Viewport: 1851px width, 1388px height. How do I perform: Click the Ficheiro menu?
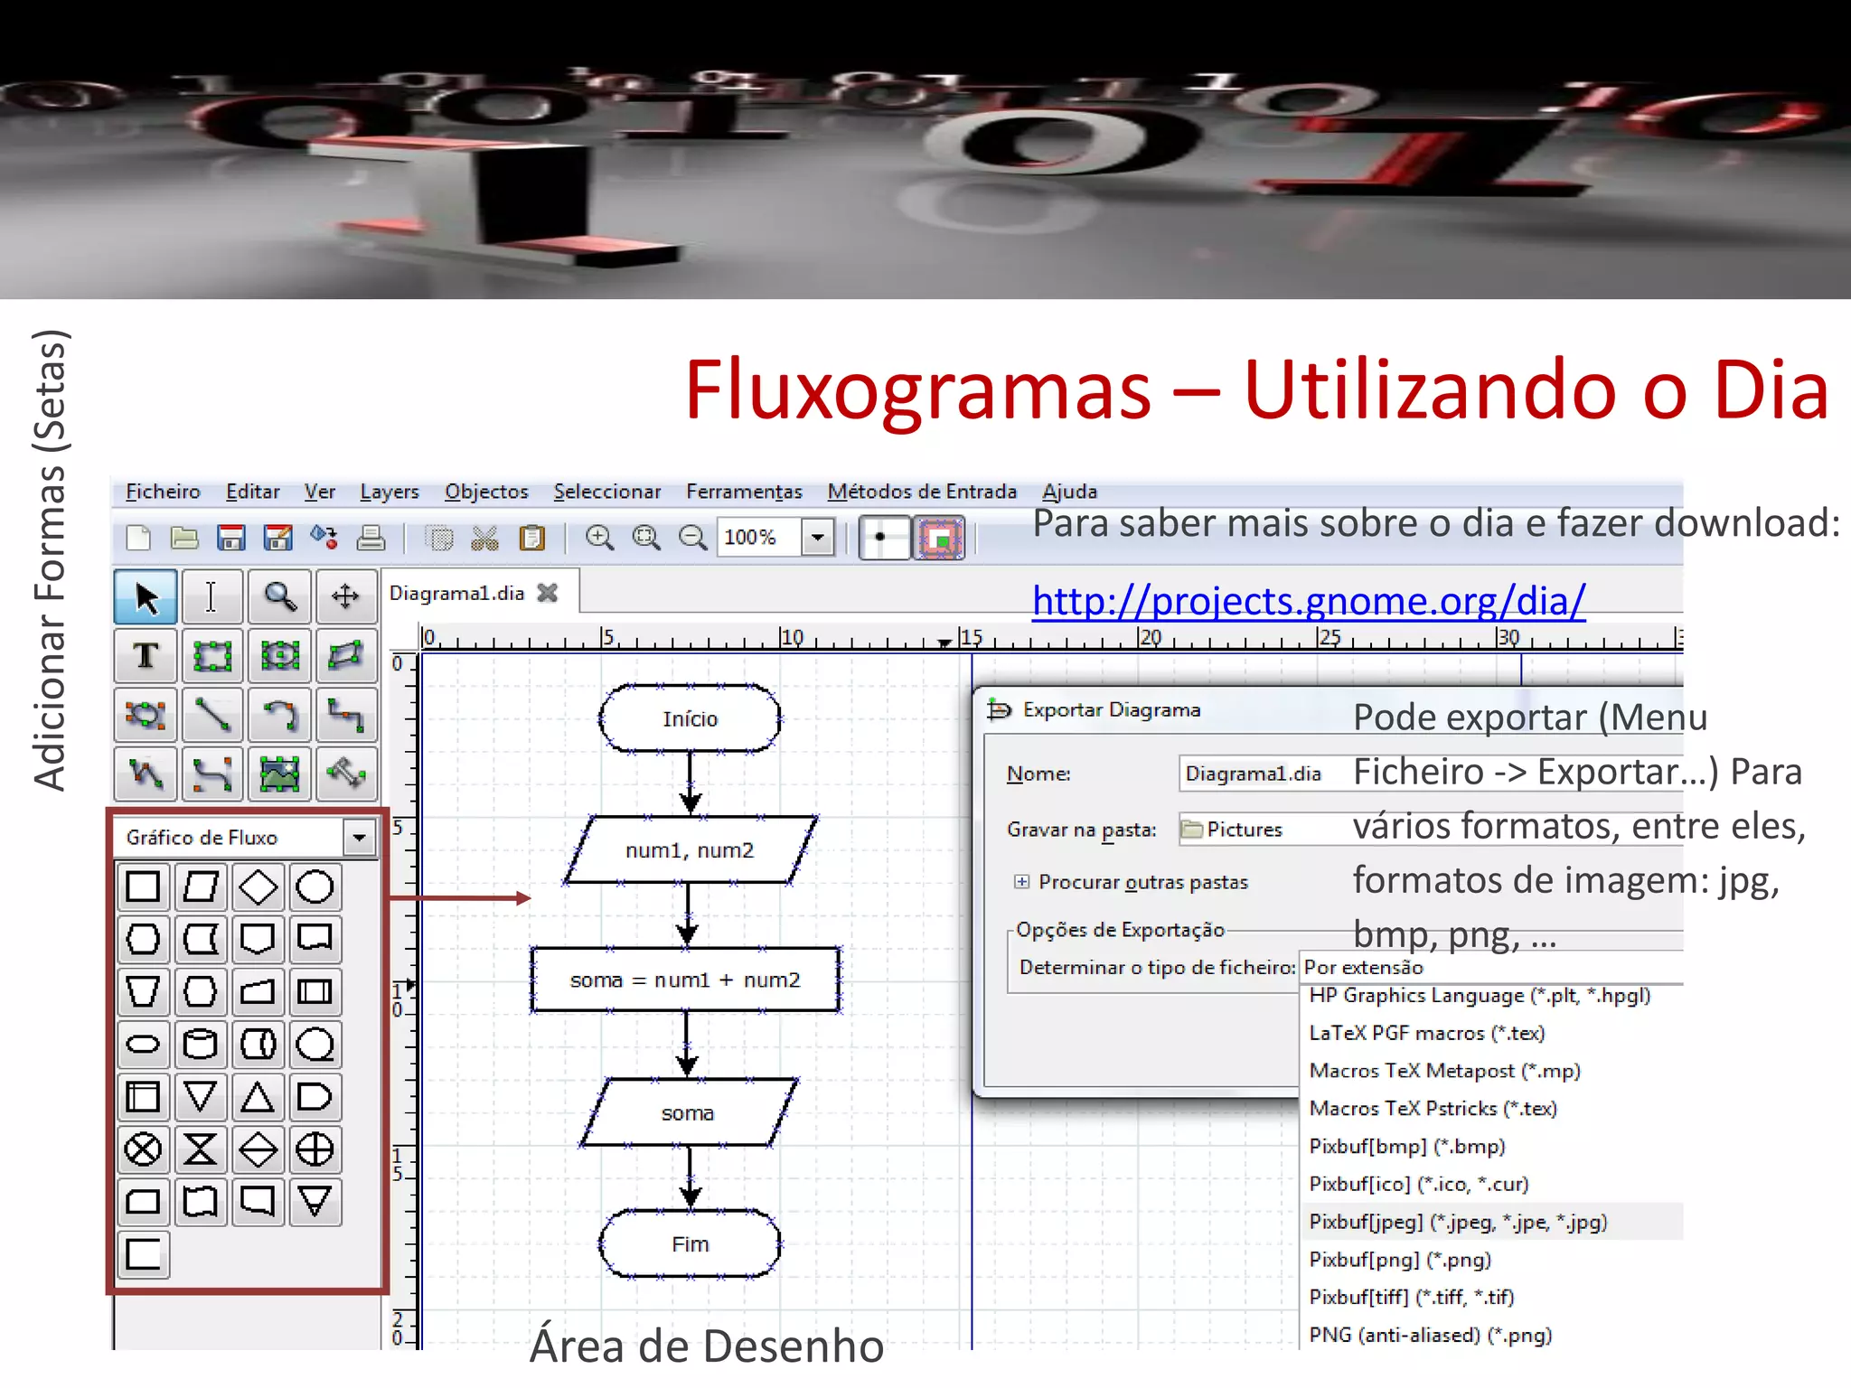(163, 492)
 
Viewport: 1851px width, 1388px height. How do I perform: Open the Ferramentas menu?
(744, 492)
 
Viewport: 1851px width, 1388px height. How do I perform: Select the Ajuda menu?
(1069, 492)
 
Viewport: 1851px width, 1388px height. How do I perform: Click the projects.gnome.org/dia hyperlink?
(1308, 601)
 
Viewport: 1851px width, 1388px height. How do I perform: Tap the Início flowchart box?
(690, 718)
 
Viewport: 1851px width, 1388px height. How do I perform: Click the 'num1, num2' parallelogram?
(690, 850)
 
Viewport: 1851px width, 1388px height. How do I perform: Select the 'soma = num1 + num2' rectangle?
(685, 980)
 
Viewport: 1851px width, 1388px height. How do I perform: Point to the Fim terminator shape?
(690, 1244)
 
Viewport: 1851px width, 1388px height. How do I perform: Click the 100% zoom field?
(757, 538)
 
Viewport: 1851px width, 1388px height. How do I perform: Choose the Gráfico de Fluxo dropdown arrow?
(360, 838)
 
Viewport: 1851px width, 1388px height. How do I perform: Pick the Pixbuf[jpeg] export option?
(1458, 1222)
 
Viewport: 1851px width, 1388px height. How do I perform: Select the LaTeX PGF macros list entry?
(1426, 1033)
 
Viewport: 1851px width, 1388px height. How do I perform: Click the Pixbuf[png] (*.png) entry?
(1399, 1260)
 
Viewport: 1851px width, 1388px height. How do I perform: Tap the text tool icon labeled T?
(146, 655)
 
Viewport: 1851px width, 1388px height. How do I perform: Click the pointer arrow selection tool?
(146, 596)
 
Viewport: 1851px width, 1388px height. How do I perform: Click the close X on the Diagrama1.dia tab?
(548, 593)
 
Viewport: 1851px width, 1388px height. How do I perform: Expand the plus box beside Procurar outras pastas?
(1021, 882)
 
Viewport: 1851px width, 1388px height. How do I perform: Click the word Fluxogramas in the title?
(917, 390)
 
